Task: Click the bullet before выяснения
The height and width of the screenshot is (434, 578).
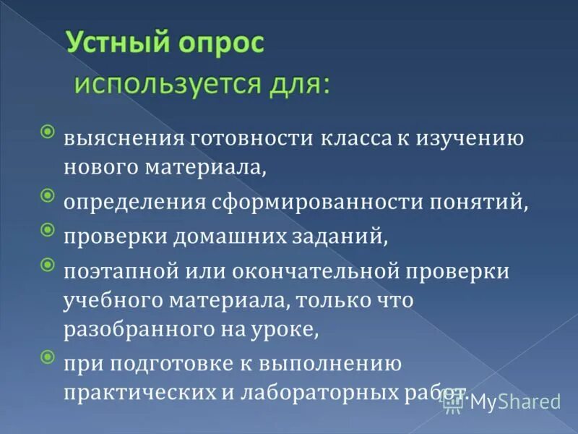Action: click(47, 132)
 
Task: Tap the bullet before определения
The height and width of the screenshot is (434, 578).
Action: click(47, 195)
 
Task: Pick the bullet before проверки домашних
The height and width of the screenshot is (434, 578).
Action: click(47, 229)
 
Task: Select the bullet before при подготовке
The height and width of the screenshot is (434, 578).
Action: click(47, 356)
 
